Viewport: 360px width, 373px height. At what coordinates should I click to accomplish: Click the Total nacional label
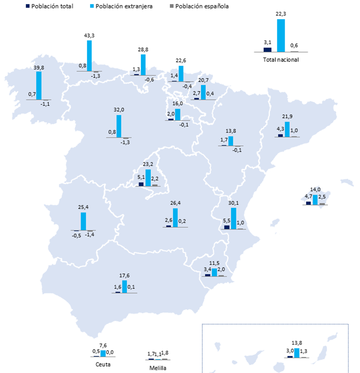click(x=280, y=60)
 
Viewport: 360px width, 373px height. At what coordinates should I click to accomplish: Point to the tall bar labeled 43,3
click(x=89, y=55)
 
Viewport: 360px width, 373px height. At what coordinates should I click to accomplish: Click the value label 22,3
click(x=280, y=14)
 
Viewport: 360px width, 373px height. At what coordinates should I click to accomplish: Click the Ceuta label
click(x=103, y=364)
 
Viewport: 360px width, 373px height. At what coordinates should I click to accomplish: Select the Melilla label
click(x=158, y=368)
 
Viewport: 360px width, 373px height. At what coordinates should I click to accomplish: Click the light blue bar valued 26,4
click(x=175, y=217)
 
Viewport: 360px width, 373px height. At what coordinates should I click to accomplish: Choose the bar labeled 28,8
click(x=143, y=64)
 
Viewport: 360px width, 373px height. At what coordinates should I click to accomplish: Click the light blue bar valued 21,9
click(x=287, y=129)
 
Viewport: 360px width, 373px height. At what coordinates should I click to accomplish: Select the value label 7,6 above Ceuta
click(x=103, y=345)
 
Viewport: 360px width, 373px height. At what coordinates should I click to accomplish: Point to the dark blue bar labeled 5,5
click(x=227, y=227)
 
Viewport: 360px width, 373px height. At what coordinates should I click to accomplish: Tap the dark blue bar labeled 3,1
click(x=267, y=49)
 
